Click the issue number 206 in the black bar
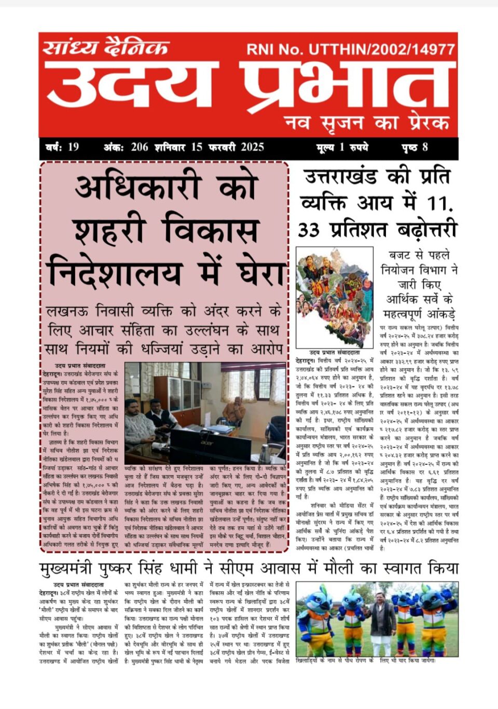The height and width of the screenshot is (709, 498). [140, 147]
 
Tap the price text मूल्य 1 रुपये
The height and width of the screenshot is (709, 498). [342, 147]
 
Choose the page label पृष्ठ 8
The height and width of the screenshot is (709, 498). [414, 147]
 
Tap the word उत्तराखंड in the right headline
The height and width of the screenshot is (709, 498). [340, 177]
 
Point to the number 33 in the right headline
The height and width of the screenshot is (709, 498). [309, 230]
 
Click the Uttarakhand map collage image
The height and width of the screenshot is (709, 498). [335, 297]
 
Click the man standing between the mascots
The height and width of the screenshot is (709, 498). [383, 622]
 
